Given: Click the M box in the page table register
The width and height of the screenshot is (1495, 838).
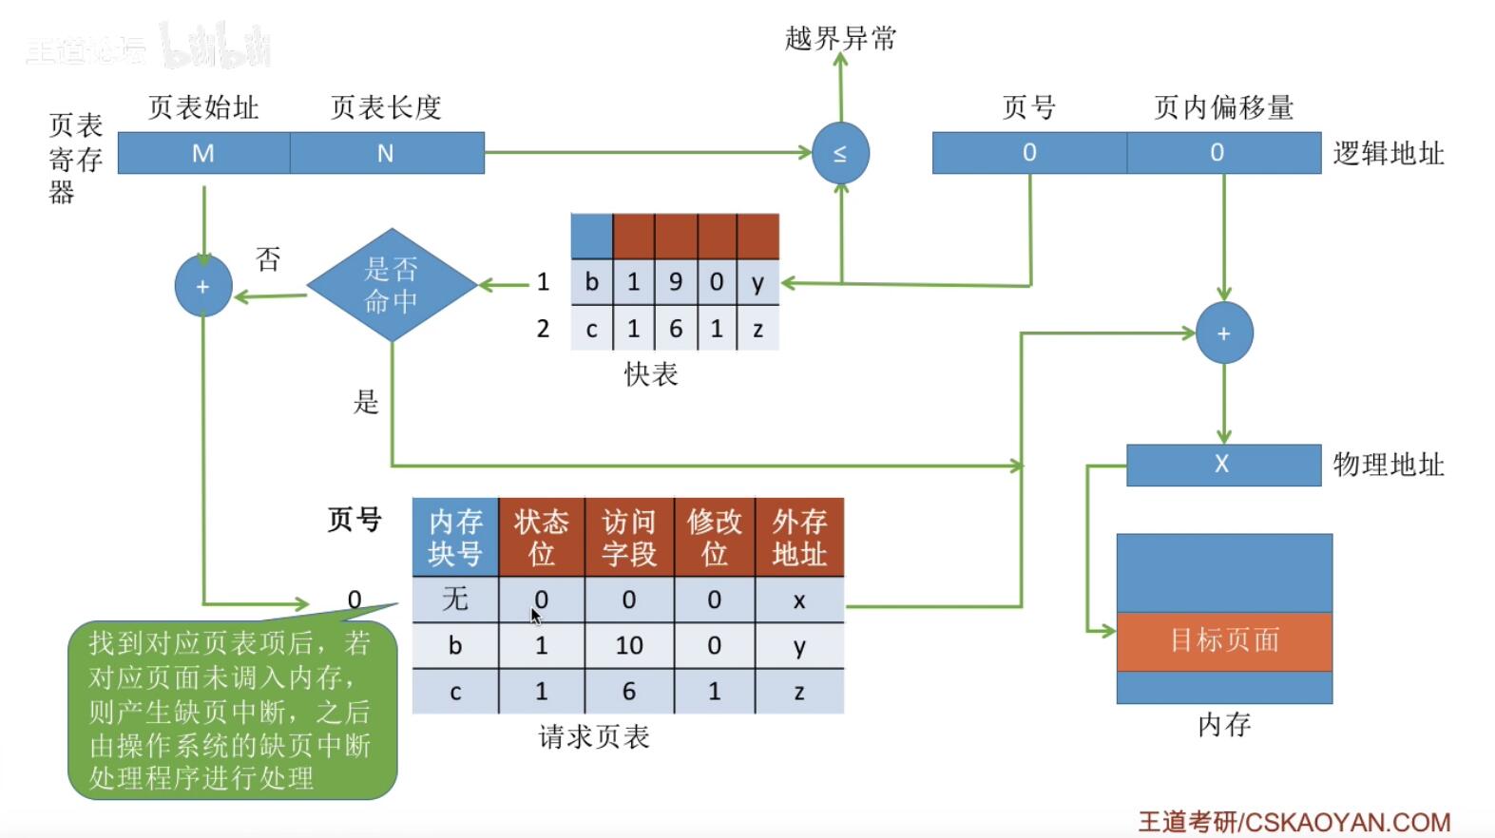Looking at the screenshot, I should (x=203, y=153).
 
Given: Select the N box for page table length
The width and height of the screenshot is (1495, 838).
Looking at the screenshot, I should (x=386, y=153).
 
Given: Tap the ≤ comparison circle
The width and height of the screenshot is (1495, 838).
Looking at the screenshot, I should (x=840, y=153).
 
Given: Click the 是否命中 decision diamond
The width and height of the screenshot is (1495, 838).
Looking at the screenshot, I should (x=392, y=285).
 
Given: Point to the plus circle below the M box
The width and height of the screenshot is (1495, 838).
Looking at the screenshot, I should (x=203, y=286).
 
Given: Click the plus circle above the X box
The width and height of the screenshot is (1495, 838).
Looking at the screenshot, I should (x=1223, y=333).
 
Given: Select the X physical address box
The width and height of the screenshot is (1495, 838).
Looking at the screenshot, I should (x=1222, y=465).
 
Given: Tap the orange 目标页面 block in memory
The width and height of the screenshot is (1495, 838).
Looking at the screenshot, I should (x=1224, y=640).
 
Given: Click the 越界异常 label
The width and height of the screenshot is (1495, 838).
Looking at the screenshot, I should (x=840, y=38).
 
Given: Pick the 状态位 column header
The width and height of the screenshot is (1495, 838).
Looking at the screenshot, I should (x=541, y=537).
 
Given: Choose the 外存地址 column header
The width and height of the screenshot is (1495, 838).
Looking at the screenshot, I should (x=798, y=537).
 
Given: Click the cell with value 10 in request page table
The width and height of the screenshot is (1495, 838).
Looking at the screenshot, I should (x=628, y=646).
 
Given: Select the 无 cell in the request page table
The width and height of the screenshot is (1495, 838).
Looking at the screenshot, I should (x=454, y=600).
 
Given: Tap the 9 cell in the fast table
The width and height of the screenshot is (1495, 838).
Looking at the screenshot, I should (x=676, y=282).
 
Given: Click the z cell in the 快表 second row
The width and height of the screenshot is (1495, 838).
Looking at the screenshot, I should (x=757, y=329).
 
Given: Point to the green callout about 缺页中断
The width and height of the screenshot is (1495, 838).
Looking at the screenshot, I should (x=231, y=711).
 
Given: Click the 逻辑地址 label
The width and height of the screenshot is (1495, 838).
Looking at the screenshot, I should (x=1388, y=153).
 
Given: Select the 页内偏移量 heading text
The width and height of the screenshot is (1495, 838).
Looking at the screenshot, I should (x=1223, y=107).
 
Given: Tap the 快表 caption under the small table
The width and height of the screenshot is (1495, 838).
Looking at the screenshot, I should (x=651, y=374).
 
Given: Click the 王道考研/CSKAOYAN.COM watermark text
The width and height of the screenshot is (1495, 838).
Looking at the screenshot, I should (x=1294, y=821).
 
